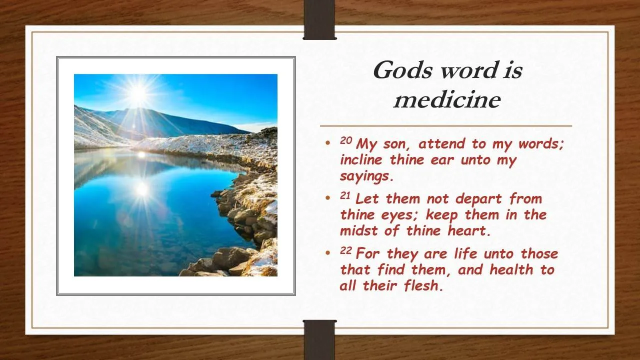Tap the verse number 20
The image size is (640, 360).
click(x=346, y=140)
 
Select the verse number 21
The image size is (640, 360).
click(x=345, y=195)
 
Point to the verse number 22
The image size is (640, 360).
click(x=346, y=250)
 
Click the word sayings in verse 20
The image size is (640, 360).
click(x=365, y=176)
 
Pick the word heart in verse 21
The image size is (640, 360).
click(x=466, y=230)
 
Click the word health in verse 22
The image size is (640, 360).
click(x=511, y=269)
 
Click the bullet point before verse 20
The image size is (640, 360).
click(x=327, y=142)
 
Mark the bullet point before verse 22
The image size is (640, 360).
click(x=327, y=252)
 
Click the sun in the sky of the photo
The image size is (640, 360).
click(x=138, y=93)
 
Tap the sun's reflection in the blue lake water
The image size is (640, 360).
click(x=142, y=189)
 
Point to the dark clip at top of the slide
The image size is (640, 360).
click(x=319, y=19)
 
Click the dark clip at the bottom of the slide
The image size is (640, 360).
click(x=319, y=340)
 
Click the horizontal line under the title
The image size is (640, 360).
click(x=445, y=125)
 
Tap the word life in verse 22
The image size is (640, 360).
click(x=463, y=253)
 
